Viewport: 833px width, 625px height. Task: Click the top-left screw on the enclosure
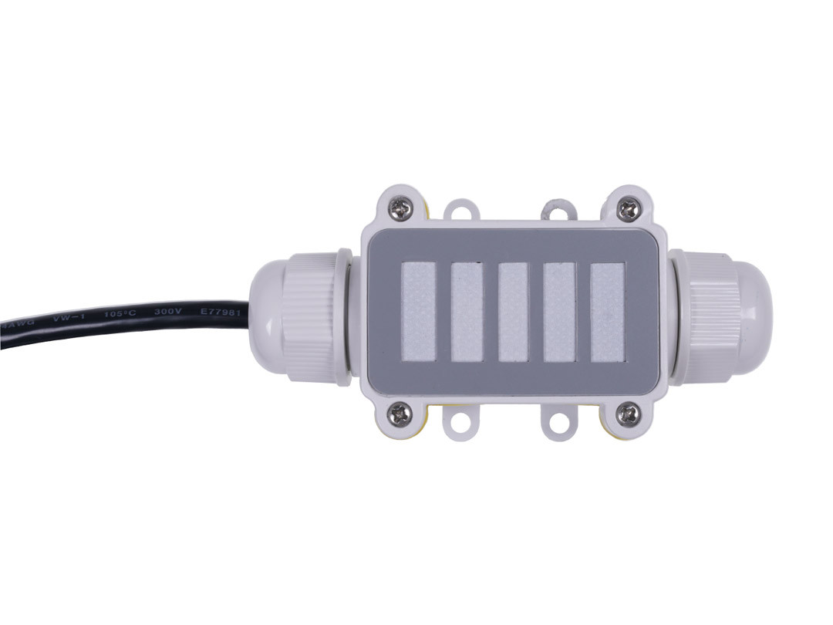coord(400,207)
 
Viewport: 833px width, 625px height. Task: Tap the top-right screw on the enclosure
coord(629,208)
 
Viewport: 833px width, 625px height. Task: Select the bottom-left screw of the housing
coord(400,414)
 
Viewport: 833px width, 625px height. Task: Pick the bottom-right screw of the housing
coord(629,414)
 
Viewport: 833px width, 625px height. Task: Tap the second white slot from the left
coord(467,312)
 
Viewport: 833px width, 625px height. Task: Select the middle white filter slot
coord(513,312)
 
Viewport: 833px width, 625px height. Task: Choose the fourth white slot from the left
coord(559,312)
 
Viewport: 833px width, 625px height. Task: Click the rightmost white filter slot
coord(607,312)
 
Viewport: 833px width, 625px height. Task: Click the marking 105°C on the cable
coord(117,316)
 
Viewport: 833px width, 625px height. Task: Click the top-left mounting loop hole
coord(461,210)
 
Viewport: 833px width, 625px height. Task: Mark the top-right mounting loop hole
coord(559,208)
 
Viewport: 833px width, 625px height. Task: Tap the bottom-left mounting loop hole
coord(461,421)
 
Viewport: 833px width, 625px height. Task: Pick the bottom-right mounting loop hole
coord(559,421)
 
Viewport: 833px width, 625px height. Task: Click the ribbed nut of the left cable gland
coord(310,316)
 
